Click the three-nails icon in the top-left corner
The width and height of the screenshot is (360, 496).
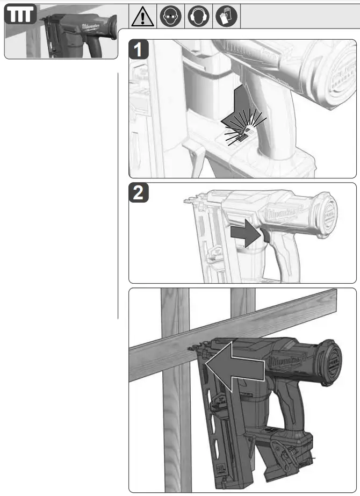click(x=20, y=16)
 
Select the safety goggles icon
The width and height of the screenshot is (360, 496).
click(x=171, y=18)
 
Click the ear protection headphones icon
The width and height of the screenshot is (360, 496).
click(x=199, y=18)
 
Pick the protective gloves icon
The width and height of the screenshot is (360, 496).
click(x=227, y=18)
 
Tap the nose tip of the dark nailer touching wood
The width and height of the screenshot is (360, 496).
click(x=192, y=348)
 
